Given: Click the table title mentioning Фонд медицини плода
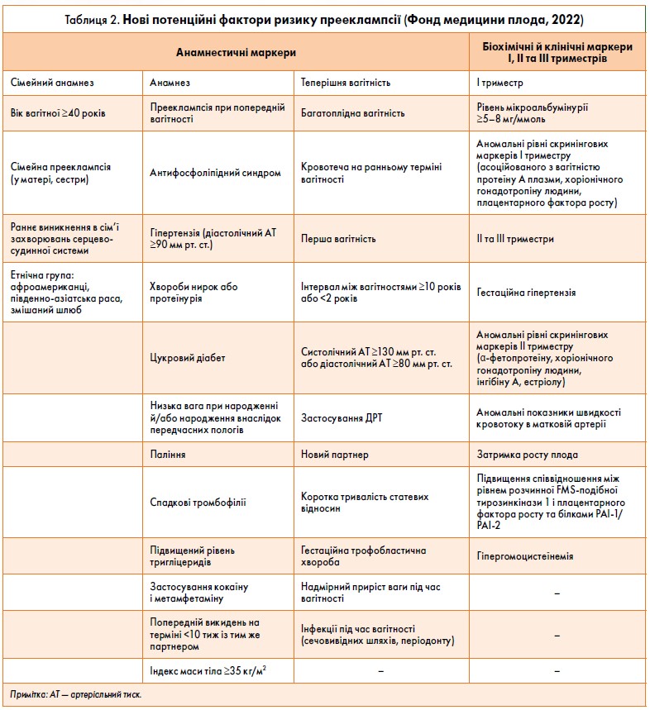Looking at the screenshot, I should pos(324,18).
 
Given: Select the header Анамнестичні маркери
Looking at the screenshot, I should pos(237,52).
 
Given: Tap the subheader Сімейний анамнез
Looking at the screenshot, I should pos(53,83).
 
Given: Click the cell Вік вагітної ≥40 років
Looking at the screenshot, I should pos(58,112).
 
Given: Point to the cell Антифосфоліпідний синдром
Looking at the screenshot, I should pos(215,173).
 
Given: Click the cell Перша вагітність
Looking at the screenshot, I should pos(338,239).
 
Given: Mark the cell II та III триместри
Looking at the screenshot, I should pos(515,239).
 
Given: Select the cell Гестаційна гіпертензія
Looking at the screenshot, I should pos(526,293).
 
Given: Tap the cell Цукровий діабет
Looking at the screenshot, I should pos(189,358).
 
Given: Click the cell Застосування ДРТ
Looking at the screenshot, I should pos(342,417).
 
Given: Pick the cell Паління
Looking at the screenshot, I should pos(168,455).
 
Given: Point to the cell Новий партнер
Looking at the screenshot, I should pos(335,455).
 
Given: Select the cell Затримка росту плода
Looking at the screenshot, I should pos(527,455).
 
